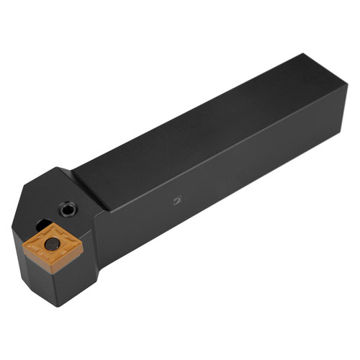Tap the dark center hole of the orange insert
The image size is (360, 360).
[51, 245]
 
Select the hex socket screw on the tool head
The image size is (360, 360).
[68, 210]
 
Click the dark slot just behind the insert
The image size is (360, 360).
[43, 225]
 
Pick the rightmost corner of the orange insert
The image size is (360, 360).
[83, 249]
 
